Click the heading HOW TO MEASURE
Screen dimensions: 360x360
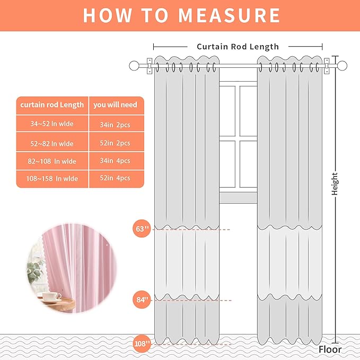(181, 15)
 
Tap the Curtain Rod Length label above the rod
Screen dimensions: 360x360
(238, 47)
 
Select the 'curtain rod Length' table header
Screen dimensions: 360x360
(52, 105)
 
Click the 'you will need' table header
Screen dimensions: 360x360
(115, 105)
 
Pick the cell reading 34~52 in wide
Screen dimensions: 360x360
(51, 125)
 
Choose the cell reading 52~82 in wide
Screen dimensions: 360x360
(51, 143)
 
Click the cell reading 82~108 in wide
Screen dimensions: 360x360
(51, 161)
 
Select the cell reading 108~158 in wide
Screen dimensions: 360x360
(51, 179)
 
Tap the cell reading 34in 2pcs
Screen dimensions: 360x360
(115, 125)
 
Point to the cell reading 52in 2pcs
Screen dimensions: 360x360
(115, 143)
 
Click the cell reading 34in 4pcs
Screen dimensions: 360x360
(115, 161)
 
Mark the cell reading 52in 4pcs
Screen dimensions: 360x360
(115, 179)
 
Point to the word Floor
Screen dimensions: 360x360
(330, 349)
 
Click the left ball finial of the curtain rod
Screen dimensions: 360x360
(134, 66)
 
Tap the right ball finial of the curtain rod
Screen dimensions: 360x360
(342, 66)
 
